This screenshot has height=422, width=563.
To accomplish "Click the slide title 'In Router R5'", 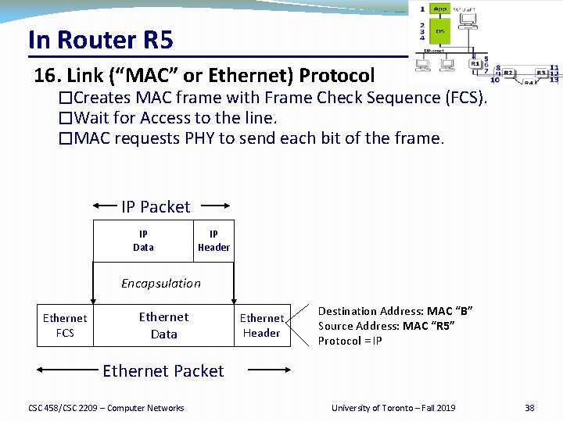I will coord(100,39).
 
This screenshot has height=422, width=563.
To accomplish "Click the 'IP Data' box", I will coord(143,241).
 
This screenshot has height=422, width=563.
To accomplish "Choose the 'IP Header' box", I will coord(213,241).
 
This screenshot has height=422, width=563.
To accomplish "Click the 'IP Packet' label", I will coord(156,207).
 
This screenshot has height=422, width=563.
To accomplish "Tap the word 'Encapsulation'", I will coord(160,283).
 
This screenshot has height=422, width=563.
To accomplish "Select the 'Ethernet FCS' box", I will coord(65,325).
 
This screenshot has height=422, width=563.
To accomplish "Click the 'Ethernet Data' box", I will coord(163,325).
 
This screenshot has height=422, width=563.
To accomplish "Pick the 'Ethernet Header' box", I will coord(261,325).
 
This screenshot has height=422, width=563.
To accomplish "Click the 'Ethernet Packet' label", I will coord(163,371).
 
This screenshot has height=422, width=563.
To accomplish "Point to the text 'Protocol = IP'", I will coord(350,341).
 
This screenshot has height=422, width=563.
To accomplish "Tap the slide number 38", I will coord(529,408).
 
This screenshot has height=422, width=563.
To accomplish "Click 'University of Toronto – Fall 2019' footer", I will coord(393,408).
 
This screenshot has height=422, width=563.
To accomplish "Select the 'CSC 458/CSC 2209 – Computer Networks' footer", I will coord(106,408).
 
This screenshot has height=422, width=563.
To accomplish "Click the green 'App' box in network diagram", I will coord(439,9).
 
